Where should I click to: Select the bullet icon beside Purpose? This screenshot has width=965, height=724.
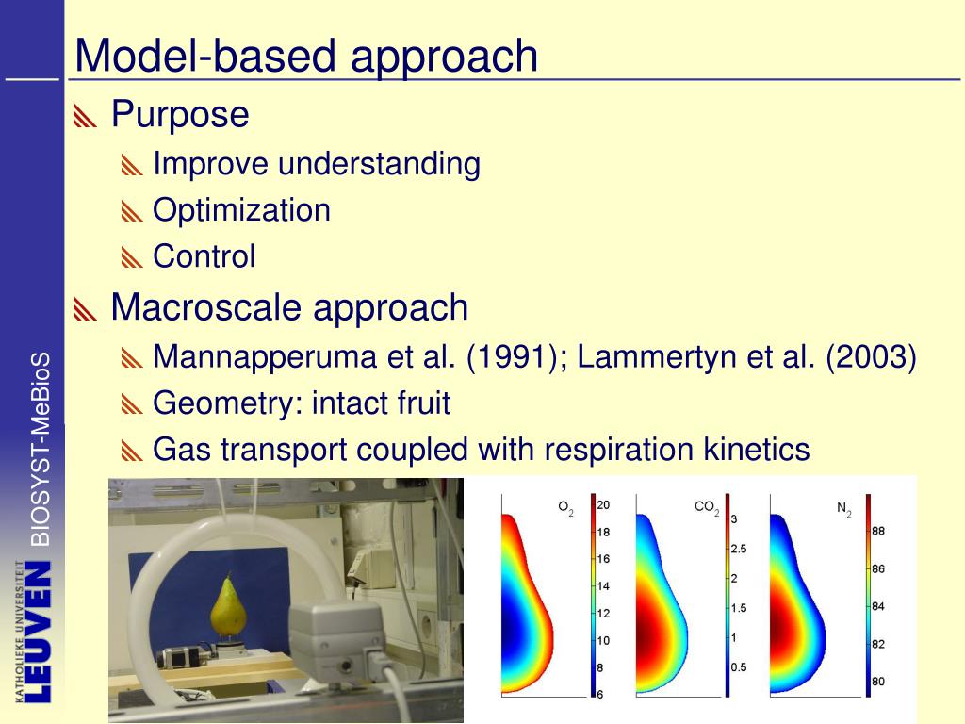tap(85, 116)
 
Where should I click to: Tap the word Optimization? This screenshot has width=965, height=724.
tap(241, 210)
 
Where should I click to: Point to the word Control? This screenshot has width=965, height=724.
tap(204, 255)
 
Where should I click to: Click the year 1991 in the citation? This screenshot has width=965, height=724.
tap(512, 356)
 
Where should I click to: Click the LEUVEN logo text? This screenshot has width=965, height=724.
tap(37, 632)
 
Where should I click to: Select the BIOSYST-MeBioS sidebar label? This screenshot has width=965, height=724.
tap(40, 449)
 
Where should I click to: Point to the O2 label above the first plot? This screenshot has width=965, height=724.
tap(565, 508)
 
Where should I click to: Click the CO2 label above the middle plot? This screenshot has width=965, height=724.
tap(707, 508)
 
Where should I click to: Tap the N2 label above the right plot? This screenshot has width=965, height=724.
tap(843, 509)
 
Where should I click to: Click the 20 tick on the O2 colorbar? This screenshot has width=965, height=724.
tap(603, 505)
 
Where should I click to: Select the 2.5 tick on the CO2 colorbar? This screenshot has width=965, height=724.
tap(739, 549)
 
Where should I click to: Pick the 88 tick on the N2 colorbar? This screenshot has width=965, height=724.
tap(878, 531)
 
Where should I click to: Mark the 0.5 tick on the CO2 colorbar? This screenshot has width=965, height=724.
tap(739, 666)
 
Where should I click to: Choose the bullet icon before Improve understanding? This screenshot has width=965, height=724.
tap(132, 166)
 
